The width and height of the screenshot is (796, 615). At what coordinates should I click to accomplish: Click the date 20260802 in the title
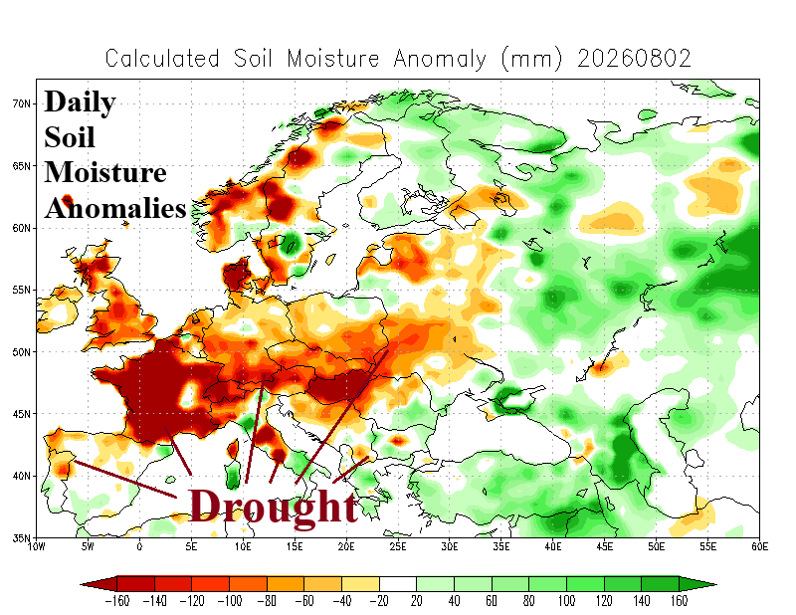coord(634,59)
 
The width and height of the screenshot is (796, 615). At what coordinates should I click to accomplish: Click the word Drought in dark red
coord(274,507)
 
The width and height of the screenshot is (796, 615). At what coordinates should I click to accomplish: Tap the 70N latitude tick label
coord(21,103)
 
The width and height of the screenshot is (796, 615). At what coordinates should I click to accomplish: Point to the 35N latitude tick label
coord(21,537)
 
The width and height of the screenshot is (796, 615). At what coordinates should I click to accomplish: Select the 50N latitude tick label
coord(21,352)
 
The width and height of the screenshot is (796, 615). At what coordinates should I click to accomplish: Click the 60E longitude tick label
coord(759,546)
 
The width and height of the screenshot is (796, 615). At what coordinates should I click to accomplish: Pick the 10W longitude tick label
coord(36,546)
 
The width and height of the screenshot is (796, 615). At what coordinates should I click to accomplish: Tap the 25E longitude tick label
coord(397,546)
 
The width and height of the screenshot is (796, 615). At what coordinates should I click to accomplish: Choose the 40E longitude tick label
coord(553,546)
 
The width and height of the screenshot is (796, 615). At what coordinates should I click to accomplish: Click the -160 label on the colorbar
coord(116,601)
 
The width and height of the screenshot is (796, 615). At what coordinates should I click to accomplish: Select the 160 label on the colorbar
coord(679,601)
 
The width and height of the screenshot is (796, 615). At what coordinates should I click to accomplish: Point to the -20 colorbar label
coord(379,601)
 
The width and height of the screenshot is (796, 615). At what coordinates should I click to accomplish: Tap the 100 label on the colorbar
coord(566,601)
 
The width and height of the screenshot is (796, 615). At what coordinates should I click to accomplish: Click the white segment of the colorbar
coord(397,584)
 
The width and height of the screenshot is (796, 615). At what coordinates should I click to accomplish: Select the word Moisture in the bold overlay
coord(105,173)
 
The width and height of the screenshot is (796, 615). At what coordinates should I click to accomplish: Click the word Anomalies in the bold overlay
coord(115,208)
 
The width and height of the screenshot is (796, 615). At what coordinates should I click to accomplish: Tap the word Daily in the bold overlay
coord(81,102)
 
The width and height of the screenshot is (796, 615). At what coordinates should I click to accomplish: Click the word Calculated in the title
coord(162,59)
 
